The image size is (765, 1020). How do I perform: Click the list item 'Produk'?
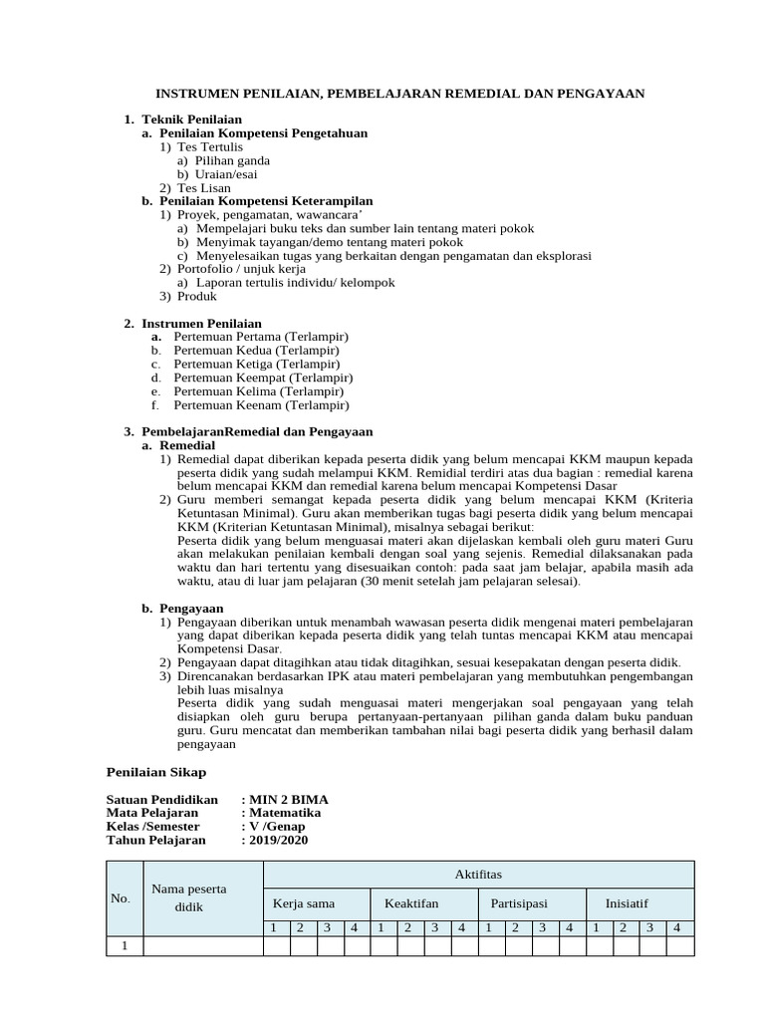pyautogui.click(x=197, y=297)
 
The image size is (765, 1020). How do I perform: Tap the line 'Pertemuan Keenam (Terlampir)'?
pyautogui.click(x=261, y=405)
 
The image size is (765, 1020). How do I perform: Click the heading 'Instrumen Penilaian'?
pyautogui.click(x=201, y=324)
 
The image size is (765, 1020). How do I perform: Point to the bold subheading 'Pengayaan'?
pyautogui.click(x=191, y=608)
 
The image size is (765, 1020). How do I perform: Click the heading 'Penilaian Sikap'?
pyautogui.click(x=155, y=771)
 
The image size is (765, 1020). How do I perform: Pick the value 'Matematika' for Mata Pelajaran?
pyautogui.click(x=285, y=813)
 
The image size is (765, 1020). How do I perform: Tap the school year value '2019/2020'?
pyautogui.click(x=279, y=840)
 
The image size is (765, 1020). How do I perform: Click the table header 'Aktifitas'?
pyautogui.click(x=478, y=875)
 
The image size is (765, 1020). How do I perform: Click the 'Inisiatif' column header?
pyautogui.click(x=627, y=903)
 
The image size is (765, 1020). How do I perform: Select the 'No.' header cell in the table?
pyautogui.click(x=121, y=898)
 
